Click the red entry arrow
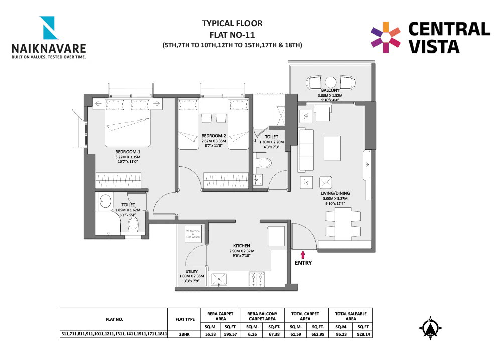click(303, 255)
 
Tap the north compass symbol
click(430, 329)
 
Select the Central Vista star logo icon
click(386, 37)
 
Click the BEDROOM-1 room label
click(128, 151)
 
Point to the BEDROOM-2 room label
click(214, 136)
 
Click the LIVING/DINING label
click(336, 193)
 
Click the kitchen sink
click(219, 278)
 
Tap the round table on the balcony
click(330, 82)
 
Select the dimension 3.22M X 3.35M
click(128, 157)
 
